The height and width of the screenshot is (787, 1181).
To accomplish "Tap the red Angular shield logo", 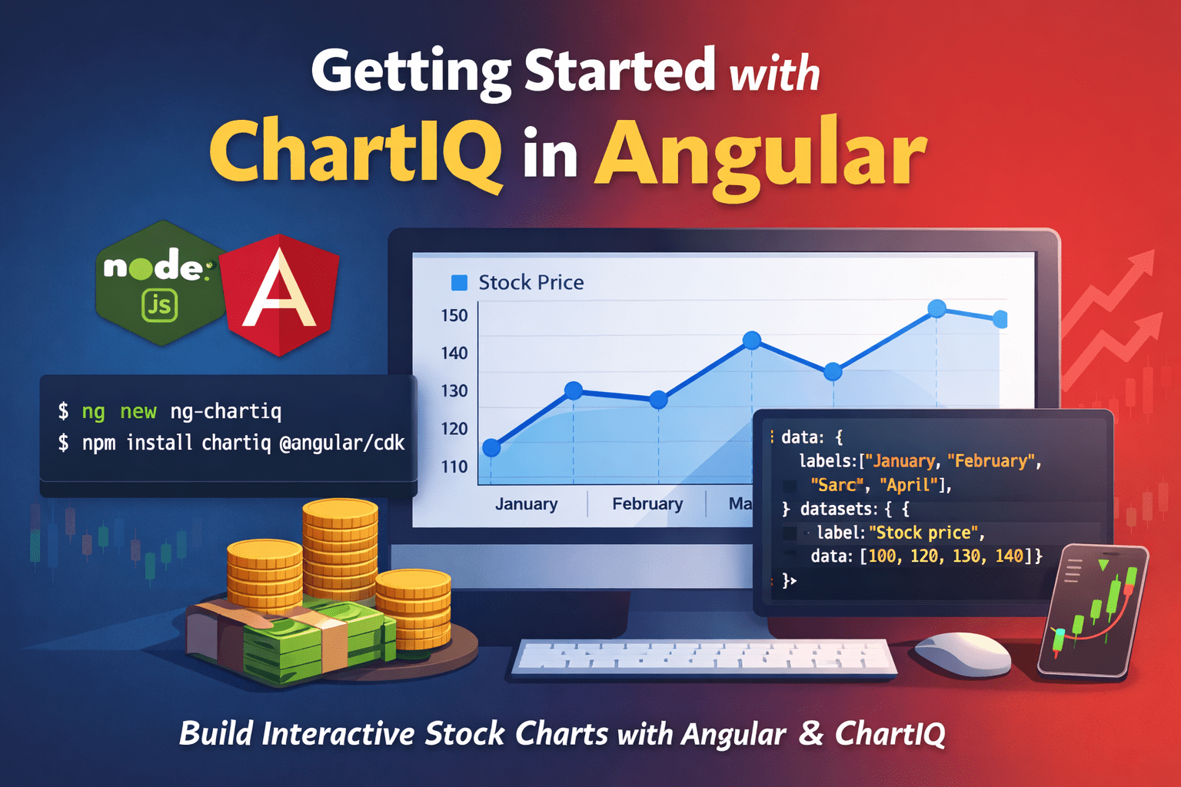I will coord(280,294).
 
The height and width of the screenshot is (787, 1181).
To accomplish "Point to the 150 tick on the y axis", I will coord(454,316).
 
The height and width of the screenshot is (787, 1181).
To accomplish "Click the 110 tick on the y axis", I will coord(454,467).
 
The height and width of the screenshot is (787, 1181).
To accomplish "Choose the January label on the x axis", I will coord(526,504).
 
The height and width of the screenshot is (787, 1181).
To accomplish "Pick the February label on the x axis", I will coord(647,504).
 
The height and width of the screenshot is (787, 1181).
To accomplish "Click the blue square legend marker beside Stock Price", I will coord(459,283).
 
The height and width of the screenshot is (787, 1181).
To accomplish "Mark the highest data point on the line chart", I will coord(936,309).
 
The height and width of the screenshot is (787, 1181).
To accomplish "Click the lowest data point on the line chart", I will coord(492,447).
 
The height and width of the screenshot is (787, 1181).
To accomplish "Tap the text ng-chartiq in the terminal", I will coord(226,412).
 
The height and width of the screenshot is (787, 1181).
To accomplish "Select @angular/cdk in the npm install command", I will coord(341,443).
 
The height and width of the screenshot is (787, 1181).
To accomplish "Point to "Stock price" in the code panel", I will coord(926,533).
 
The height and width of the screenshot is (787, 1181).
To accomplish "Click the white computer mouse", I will coord(963,653).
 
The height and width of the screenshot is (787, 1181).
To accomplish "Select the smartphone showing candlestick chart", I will coord(1093,610).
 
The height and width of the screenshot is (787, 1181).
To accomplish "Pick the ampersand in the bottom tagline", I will coord(810,733).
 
